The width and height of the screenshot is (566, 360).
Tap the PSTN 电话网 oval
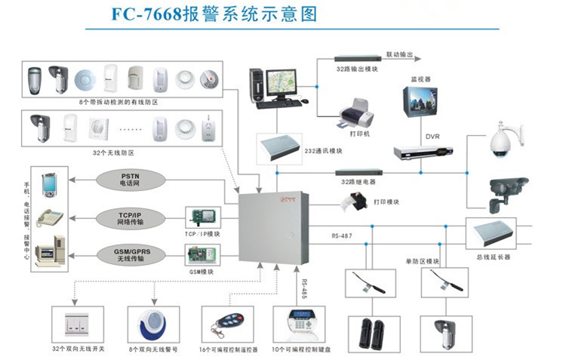tap(136, 180)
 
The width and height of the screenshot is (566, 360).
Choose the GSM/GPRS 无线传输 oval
tap(136, 254)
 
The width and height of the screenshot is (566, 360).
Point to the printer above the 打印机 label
tap(355, 117)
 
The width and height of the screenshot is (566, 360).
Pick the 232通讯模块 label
tap(325, 151)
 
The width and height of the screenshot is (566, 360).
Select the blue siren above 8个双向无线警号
tap(152, 322)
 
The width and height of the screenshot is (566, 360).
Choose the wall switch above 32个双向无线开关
tap(76, 322)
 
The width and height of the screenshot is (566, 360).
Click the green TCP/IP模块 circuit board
tap(203, 217)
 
